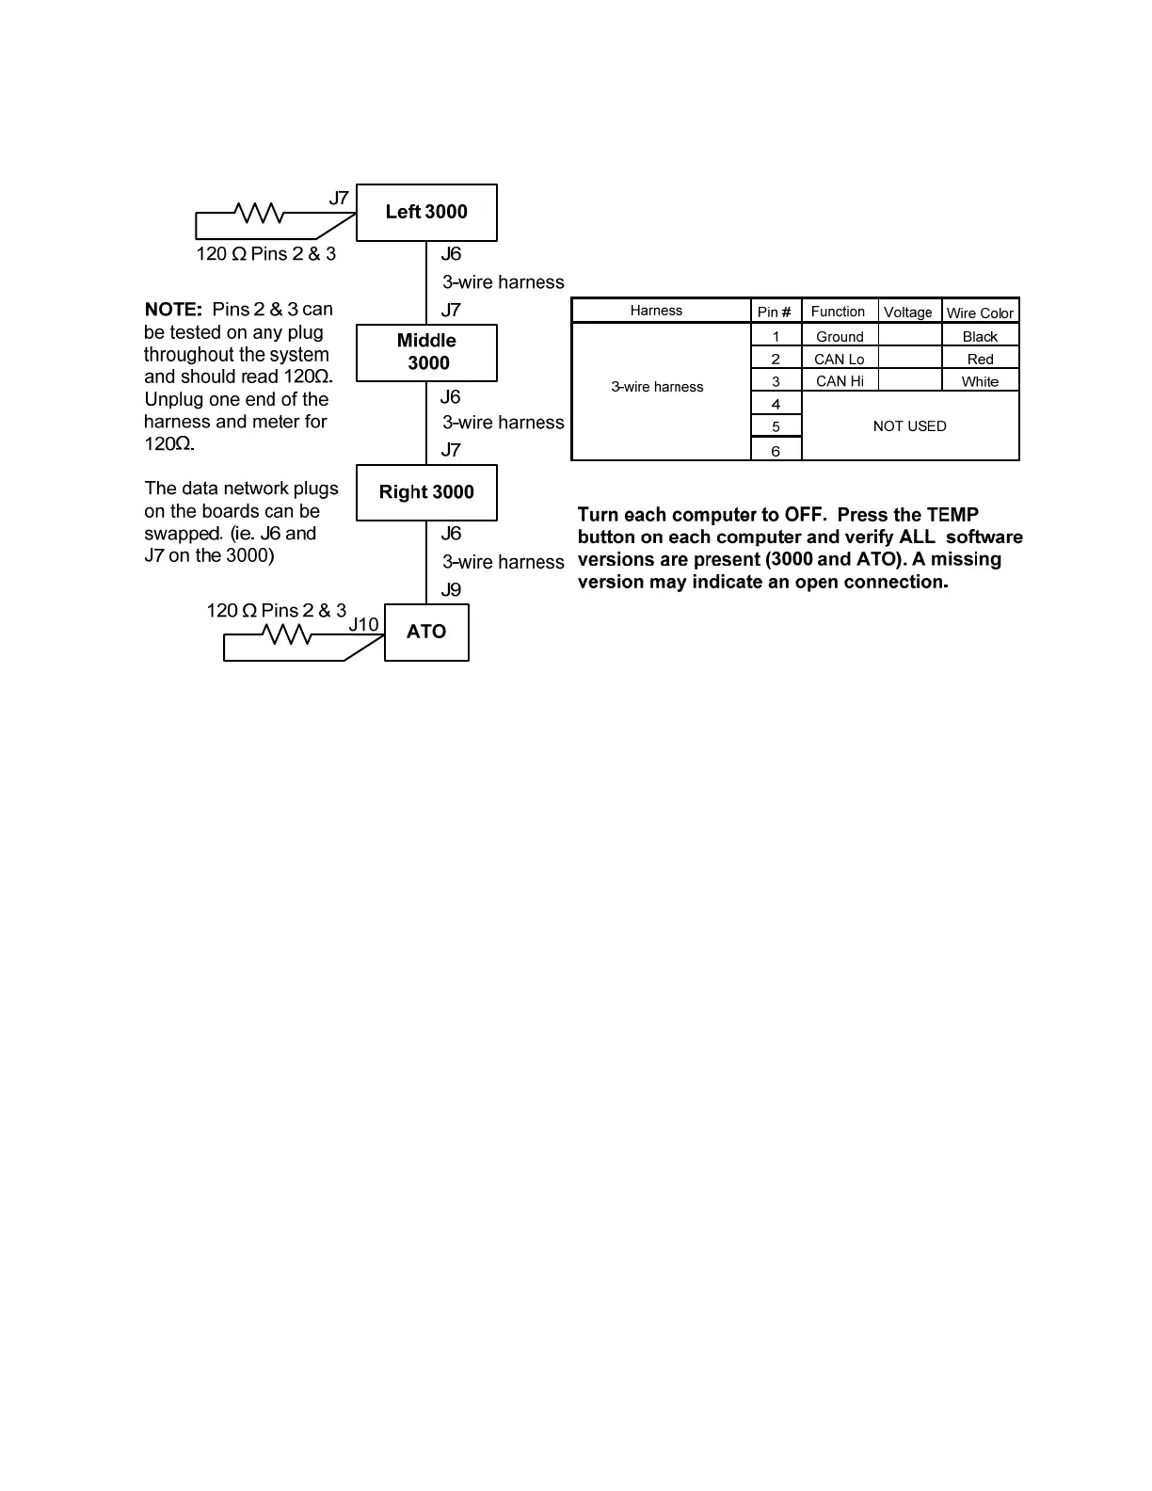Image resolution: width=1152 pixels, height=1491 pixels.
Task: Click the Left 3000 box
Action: point(426,212)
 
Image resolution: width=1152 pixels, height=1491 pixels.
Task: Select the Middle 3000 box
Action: point(426,352)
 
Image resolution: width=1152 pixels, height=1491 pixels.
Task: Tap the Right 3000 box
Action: point(426,492)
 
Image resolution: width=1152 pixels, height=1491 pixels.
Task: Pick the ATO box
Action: point(426,632)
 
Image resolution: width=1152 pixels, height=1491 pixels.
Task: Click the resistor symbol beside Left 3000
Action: point(259,214)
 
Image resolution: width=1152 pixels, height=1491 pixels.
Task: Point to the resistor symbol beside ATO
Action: point(289,635)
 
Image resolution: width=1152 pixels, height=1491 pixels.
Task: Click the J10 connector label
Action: point(363,624)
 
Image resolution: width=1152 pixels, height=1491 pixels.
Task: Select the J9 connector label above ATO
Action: point(451,590)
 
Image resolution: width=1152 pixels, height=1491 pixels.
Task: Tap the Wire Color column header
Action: point(980,313)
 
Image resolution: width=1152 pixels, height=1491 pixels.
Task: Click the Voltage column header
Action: point(908,313)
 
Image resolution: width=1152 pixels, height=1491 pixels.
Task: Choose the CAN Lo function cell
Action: point(839,360)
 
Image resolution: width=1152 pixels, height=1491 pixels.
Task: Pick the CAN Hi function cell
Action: point(840,381)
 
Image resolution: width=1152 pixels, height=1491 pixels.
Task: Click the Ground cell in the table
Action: point(840,337)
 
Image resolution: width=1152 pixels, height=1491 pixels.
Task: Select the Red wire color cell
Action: point(980,360)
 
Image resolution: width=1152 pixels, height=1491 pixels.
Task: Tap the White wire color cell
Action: point(980,381)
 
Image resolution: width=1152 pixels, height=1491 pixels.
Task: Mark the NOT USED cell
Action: point(909,426)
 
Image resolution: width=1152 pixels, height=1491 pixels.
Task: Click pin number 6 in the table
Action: point(776,451)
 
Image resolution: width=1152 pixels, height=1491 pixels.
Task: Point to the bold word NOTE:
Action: point(173,310)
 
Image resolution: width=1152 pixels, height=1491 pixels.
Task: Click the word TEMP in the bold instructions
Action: point(952,515)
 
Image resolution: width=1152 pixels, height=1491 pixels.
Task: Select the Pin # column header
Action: point(775,312)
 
